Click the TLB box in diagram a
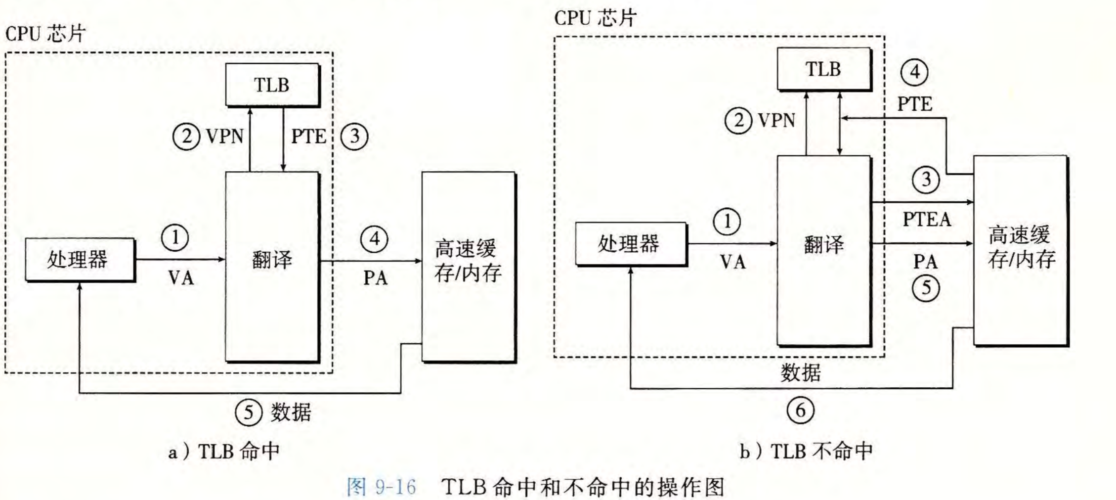272,85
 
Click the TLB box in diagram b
823,69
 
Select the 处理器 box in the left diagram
80,260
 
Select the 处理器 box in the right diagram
630,244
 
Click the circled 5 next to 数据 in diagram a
248,412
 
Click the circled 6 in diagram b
800,410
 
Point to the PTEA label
927,220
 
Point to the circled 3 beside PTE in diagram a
354,136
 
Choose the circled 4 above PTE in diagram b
914,72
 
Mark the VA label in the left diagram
181,278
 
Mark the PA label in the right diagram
925,262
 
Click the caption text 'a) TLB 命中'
224,451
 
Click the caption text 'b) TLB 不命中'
806,451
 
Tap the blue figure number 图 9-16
382,487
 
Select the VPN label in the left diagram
225,136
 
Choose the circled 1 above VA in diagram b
727,222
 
